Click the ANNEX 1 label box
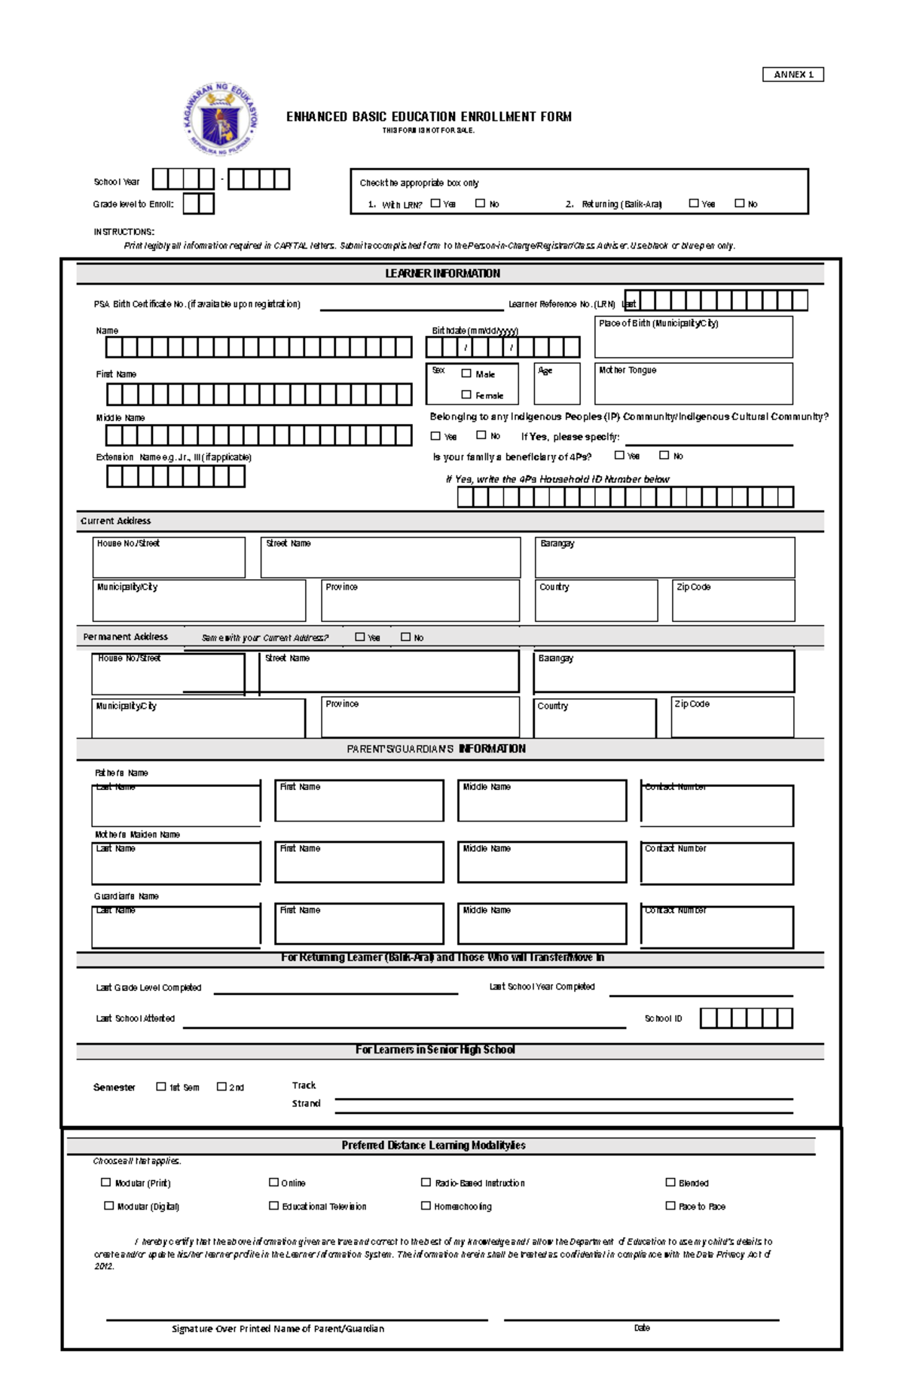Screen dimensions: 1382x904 (793, 75)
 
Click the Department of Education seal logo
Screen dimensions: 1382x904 (221, 119)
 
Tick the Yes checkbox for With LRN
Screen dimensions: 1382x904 (435, 203)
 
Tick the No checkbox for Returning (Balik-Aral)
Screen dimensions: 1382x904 (740, 203)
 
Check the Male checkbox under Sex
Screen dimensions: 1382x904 (466, 373)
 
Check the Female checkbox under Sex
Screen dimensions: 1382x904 (466, 394)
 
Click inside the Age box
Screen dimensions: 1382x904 (557, 388)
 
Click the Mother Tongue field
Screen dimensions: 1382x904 (693, 388)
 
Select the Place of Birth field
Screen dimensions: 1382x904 (693, 341)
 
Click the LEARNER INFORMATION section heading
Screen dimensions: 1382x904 (442, 273)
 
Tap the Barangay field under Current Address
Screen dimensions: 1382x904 (664, 561)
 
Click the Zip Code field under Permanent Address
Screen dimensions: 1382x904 (732, 721)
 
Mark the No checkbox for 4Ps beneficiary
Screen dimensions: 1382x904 (664, 455)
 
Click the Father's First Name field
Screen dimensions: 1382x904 (359, 804)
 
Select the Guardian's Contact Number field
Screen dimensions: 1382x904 (716, 930)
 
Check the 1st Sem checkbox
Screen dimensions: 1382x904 (160, 1086)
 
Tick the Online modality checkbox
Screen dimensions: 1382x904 (273, 1182)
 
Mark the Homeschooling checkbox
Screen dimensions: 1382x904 (426, 1205)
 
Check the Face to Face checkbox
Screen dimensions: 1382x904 (670, 1205)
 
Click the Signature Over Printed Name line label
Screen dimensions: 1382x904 (278, 1329)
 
